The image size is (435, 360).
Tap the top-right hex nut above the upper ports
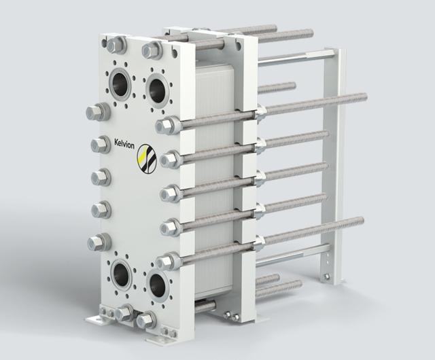(x=151, y=50)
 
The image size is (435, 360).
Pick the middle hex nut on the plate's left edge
(x=98, y=177)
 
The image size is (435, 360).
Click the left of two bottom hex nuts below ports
(x=124, y=313)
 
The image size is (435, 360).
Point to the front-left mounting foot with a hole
(x=91, y=319)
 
